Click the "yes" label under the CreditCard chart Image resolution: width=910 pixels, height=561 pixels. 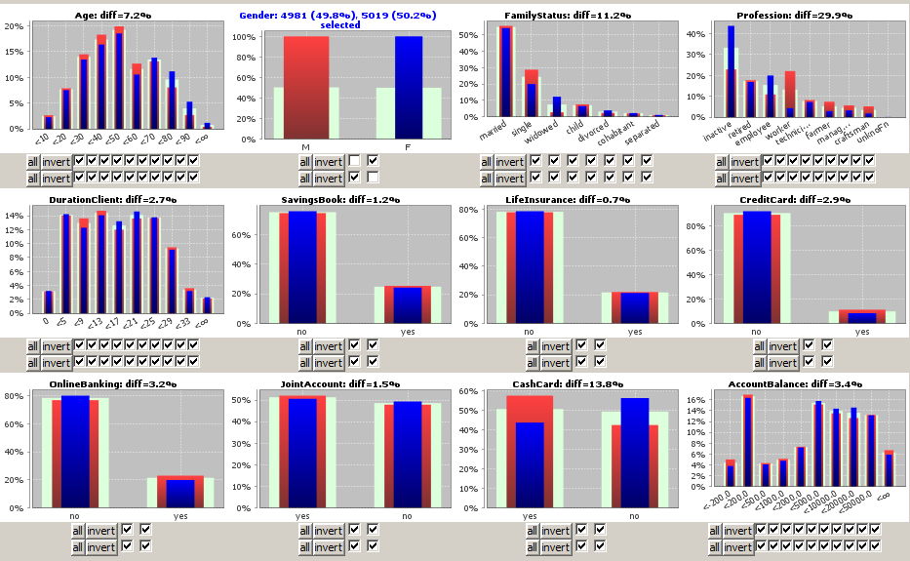coord(862,332)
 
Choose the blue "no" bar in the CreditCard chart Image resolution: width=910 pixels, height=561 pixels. coord(757,268)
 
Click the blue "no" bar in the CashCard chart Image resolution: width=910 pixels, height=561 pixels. coord(635,449)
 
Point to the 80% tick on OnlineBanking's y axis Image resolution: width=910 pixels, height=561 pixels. coord(19,396)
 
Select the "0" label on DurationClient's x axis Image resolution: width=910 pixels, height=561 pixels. coord(46,321)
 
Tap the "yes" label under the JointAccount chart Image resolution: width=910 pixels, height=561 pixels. coord(302,515)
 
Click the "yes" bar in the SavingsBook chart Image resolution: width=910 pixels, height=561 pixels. coord(408,304)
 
